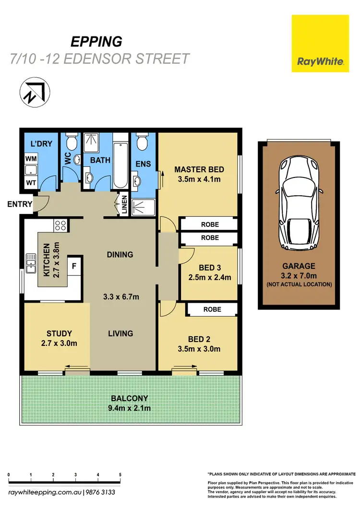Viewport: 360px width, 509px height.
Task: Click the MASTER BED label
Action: (x=199, y=169)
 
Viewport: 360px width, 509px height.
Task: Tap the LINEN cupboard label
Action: (x=124, y=204)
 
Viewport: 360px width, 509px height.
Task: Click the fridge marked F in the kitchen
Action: (x=74, y=265)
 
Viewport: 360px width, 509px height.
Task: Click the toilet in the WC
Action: (x=72, y=142)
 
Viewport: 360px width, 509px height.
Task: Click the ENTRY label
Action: (x=20, y=204)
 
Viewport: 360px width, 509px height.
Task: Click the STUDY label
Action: (x=59, y=333)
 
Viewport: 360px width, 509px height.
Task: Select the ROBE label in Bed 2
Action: (x=212, y=309)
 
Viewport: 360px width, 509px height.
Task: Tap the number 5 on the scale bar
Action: (x=120, y=475)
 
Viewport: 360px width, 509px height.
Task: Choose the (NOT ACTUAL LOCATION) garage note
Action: (x=299, y=284)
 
